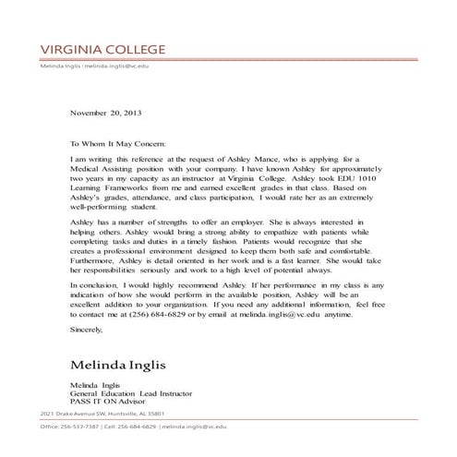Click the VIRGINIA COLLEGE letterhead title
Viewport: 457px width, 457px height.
click(102, 49)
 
